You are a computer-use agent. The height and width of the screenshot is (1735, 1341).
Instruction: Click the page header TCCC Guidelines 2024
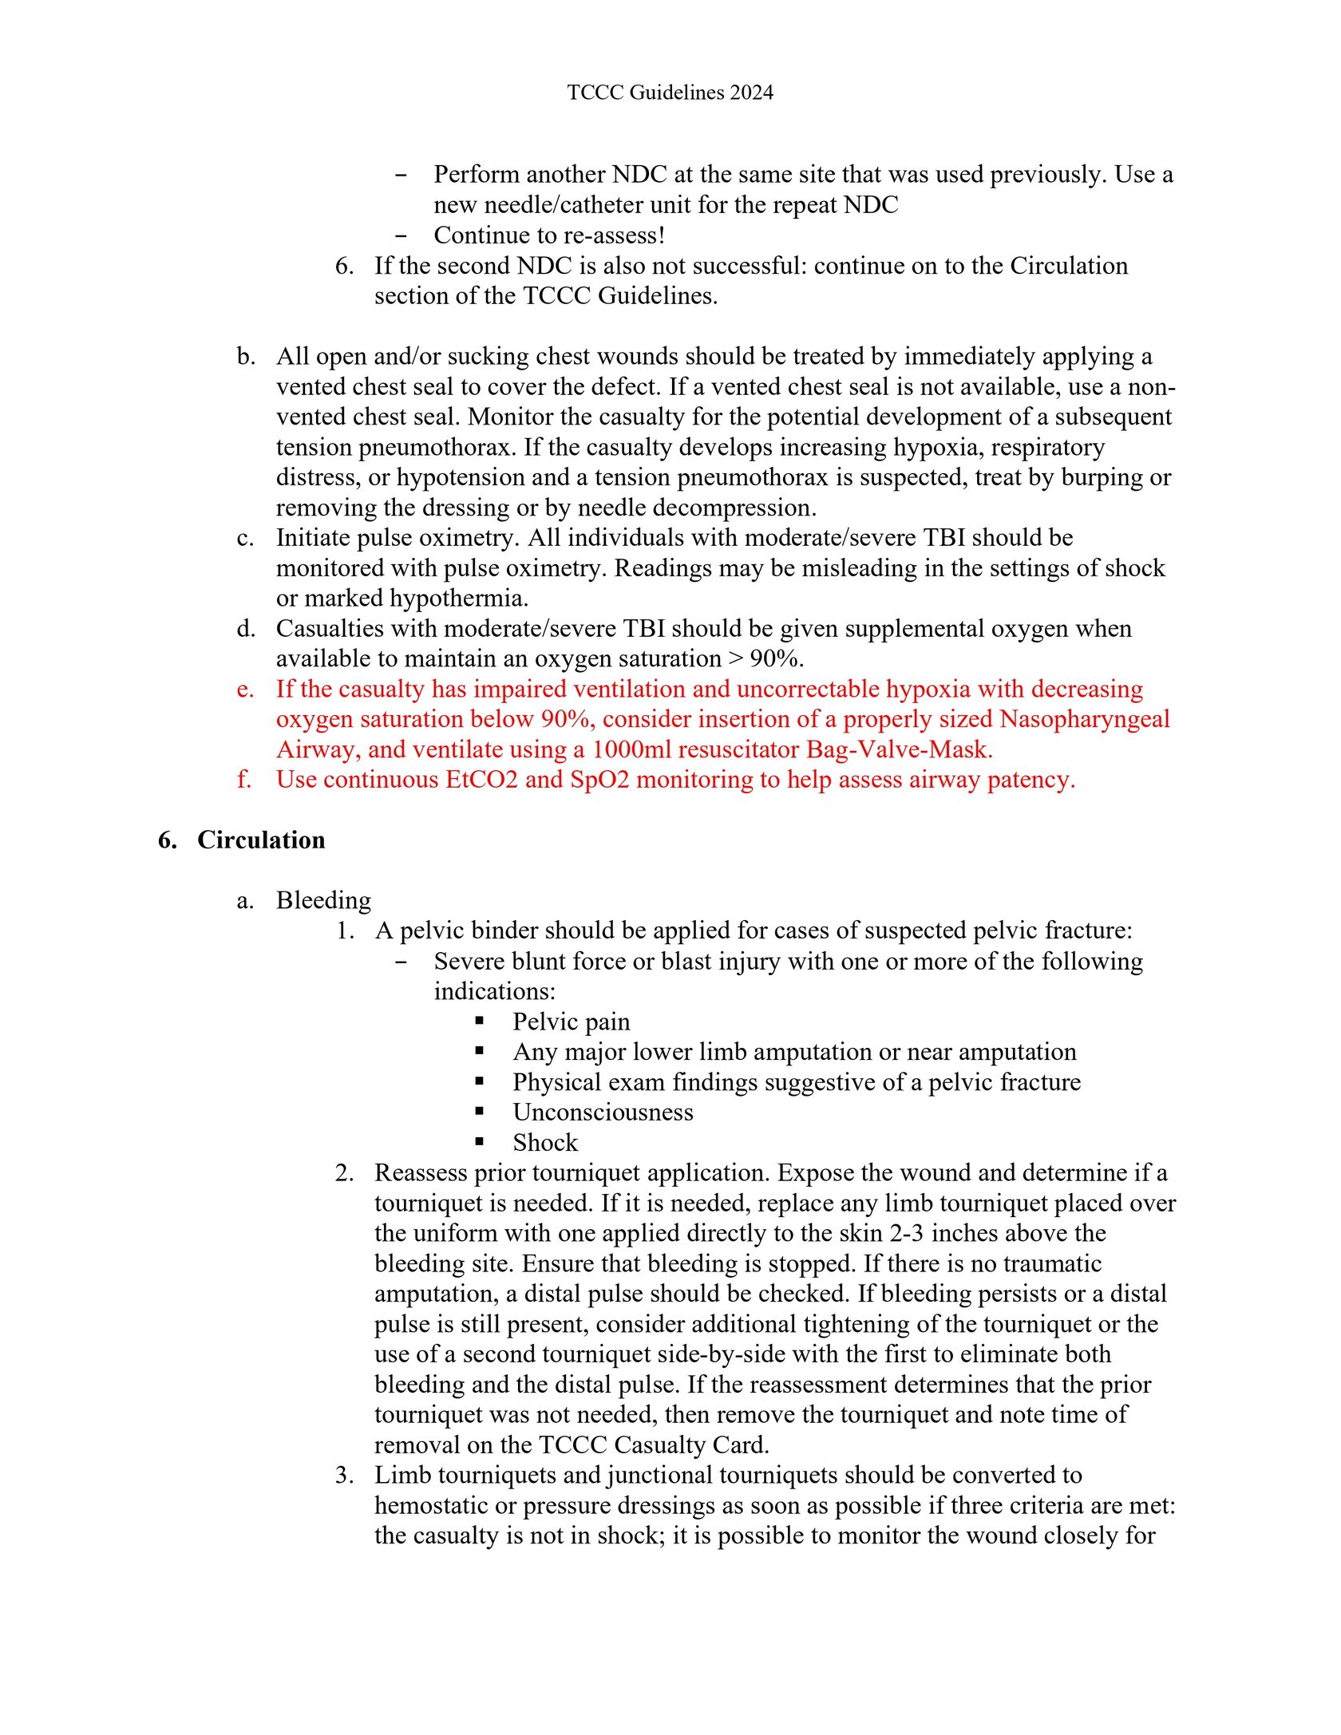[670, 93]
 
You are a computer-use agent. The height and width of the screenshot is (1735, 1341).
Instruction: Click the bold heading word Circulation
[261, 840]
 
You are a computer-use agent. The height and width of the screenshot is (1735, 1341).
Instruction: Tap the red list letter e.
[245, 690]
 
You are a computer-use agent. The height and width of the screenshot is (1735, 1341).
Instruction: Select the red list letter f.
[243, 780]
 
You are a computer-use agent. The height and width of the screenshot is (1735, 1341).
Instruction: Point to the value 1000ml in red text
[631, 750]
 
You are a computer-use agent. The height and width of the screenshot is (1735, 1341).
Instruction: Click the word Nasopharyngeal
[1084, 720]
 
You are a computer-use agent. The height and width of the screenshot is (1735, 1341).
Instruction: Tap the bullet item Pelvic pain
[571, 1022]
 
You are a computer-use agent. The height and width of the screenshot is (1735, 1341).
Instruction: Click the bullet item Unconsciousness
[603, 1113]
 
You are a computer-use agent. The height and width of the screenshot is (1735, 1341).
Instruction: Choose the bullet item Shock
[545, 1143]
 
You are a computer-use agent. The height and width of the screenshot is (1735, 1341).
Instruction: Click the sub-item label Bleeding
[323, 901]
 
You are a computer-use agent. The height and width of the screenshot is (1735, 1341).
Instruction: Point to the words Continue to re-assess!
[549, 236]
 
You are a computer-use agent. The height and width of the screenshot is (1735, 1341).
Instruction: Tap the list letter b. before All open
[246, 357]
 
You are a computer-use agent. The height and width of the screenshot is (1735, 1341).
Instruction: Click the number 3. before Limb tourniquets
[344, 1476]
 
